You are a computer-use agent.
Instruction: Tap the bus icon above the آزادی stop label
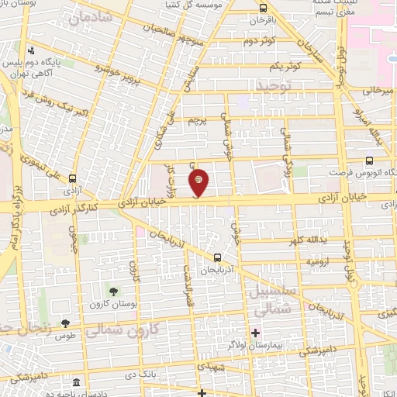71,178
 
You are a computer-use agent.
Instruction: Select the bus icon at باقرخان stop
263,8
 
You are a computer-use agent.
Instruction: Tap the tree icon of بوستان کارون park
114,292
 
